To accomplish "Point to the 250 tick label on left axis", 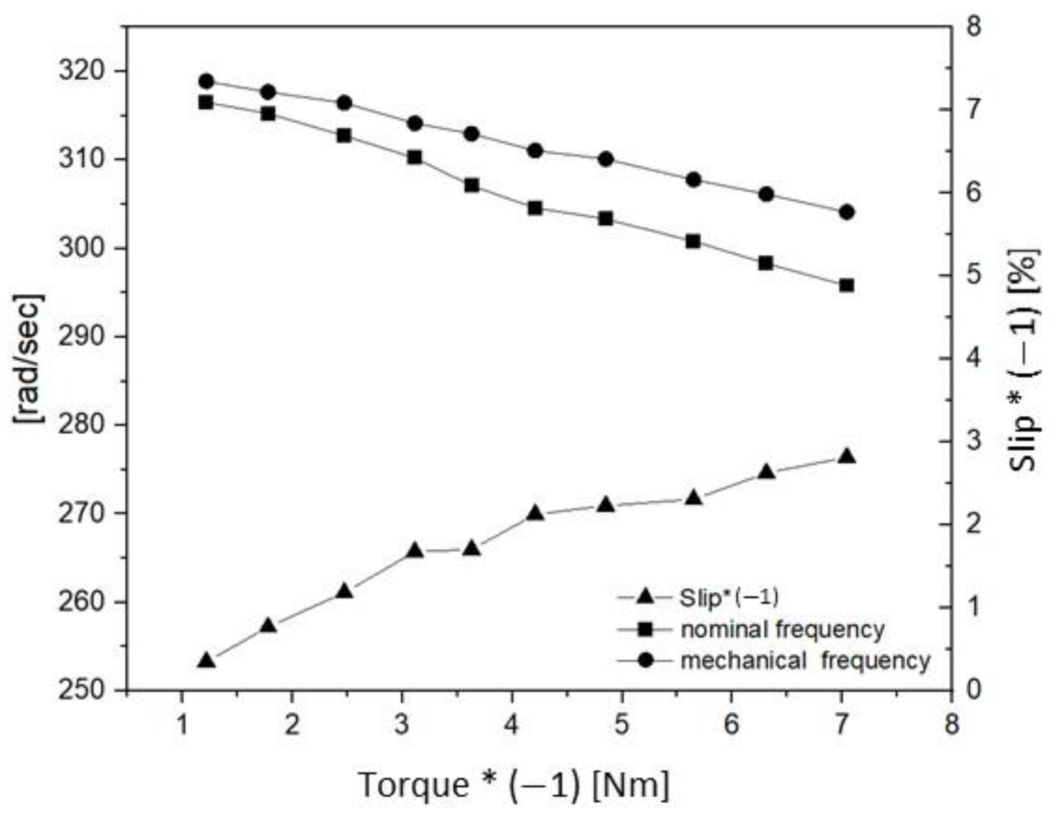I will pos(81,690).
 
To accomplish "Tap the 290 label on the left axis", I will pos(81,336).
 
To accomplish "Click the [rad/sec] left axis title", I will pos(29,358).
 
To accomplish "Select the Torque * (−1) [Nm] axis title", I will pos(514,784).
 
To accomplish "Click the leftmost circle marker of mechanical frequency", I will pos(207,81).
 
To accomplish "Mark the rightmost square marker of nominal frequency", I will pos(847,286).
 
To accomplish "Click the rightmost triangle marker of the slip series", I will pos(847,457).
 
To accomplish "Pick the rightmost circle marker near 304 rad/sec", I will pos(847,212).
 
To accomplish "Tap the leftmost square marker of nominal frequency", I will pos(206,103).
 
